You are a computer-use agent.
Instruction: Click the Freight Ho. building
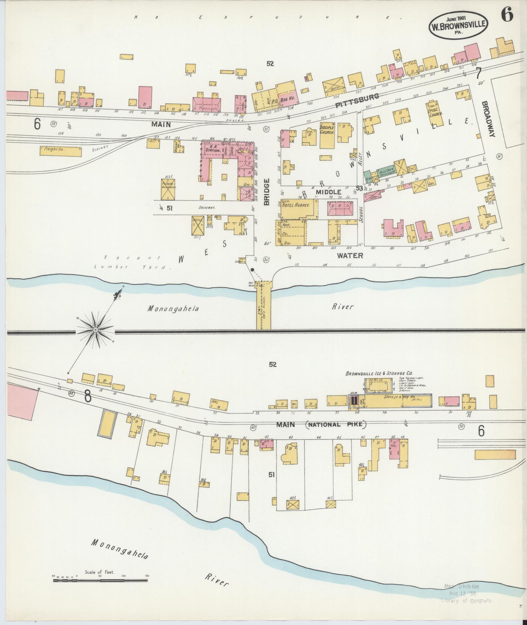click(x=61, y=151)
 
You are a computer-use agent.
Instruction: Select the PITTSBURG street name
click(x=357, y=101)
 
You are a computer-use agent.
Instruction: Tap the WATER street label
click(x=350, y=255)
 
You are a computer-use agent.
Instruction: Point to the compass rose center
click(x=95, y=330)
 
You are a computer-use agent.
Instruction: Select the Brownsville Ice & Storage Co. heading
click(x=379, y=373)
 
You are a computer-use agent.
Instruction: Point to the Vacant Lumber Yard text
click(x=133, y=262)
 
